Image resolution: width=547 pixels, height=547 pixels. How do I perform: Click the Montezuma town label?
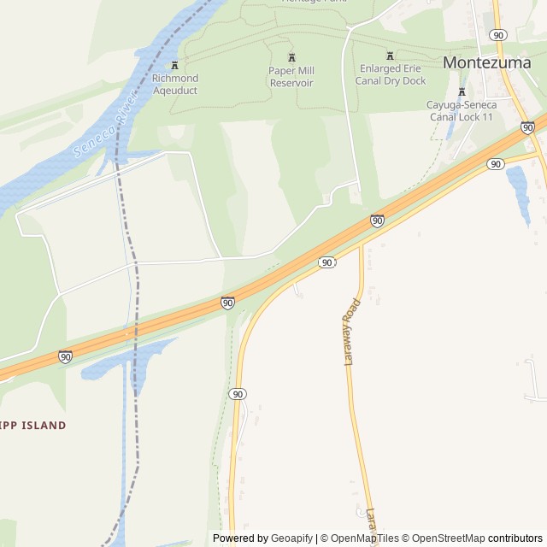[486, 62]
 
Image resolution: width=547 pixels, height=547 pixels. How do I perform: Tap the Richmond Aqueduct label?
[174, 85]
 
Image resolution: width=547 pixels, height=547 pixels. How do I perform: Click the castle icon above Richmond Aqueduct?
[174, 66]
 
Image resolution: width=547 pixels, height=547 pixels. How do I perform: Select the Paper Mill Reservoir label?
[291, 77]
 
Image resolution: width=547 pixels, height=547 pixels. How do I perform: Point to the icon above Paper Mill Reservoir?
[291, 57]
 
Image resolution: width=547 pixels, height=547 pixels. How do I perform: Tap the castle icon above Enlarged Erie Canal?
[391, 56]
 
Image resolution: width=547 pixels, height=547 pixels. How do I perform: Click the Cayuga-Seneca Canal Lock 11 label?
[462, 110]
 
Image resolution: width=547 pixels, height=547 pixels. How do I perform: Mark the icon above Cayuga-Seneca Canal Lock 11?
[462, 92]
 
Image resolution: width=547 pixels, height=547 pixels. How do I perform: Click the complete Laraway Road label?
[350, 332]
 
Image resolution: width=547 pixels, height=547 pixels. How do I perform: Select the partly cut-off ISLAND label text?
[33, 426]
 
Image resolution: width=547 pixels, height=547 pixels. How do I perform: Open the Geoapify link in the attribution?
[291, 538]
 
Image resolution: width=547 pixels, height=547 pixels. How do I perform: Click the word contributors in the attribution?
[515, 538]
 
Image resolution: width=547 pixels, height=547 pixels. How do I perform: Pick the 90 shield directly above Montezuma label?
[498, 35]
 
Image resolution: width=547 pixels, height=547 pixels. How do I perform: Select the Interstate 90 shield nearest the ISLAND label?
[65, 356]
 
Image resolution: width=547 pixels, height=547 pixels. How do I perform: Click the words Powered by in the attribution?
[240, 538]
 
